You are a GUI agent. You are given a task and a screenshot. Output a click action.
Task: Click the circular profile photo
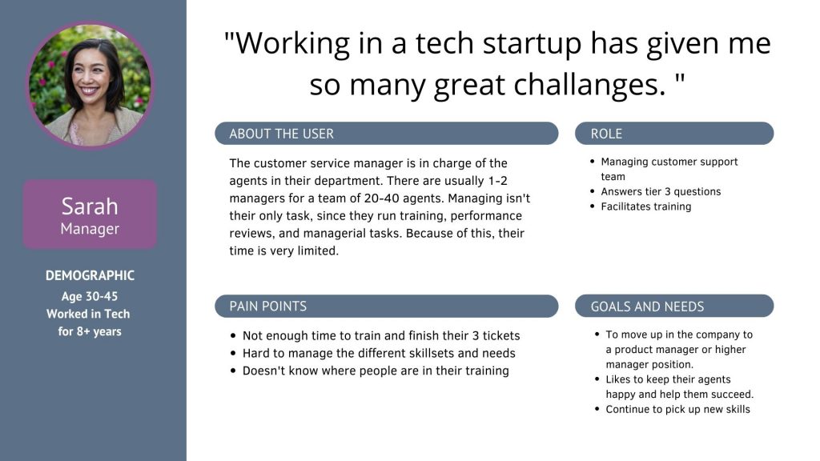click(x=90, y=85)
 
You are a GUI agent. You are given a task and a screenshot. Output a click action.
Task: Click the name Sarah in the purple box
click(x=90, y=206)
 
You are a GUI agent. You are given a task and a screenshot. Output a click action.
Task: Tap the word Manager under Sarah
click(x=90, y=229)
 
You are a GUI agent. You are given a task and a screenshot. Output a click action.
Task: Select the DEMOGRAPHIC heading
click(x=90, y=275)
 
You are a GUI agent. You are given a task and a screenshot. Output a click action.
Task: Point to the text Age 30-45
click(x=90, y=296)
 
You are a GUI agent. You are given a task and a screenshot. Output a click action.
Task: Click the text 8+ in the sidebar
click(x=82, y=331)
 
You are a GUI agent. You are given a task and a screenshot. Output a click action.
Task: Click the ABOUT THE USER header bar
click(x=387, y=134)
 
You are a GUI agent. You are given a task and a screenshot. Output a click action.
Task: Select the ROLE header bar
click(x=674, y=134)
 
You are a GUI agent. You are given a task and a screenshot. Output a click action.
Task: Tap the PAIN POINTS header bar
click(x=387, y=306)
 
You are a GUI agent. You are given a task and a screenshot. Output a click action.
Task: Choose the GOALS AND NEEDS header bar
click(x=674, y=306)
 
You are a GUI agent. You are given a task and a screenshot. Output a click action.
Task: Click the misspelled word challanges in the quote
click(x=590, y=85)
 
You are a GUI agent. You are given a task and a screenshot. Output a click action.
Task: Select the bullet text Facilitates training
click(x=646, y=206)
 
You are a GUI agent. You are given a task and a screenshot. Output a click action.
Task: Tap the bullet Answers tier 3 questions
click(x=661, y=191)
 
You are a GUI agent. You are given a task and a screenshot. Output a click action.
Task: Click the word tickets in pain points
click(x=501, y=335)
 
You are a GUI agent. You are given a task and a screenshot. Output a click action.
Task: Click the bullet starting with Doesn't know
click(x=376, y=371)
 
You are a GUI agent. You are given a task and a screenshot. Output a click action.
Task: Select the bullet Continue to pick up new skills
click(x=677, y=409)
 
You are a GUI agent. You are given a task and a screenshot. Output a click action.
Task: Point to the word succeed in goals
click(x=734, y=394)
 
